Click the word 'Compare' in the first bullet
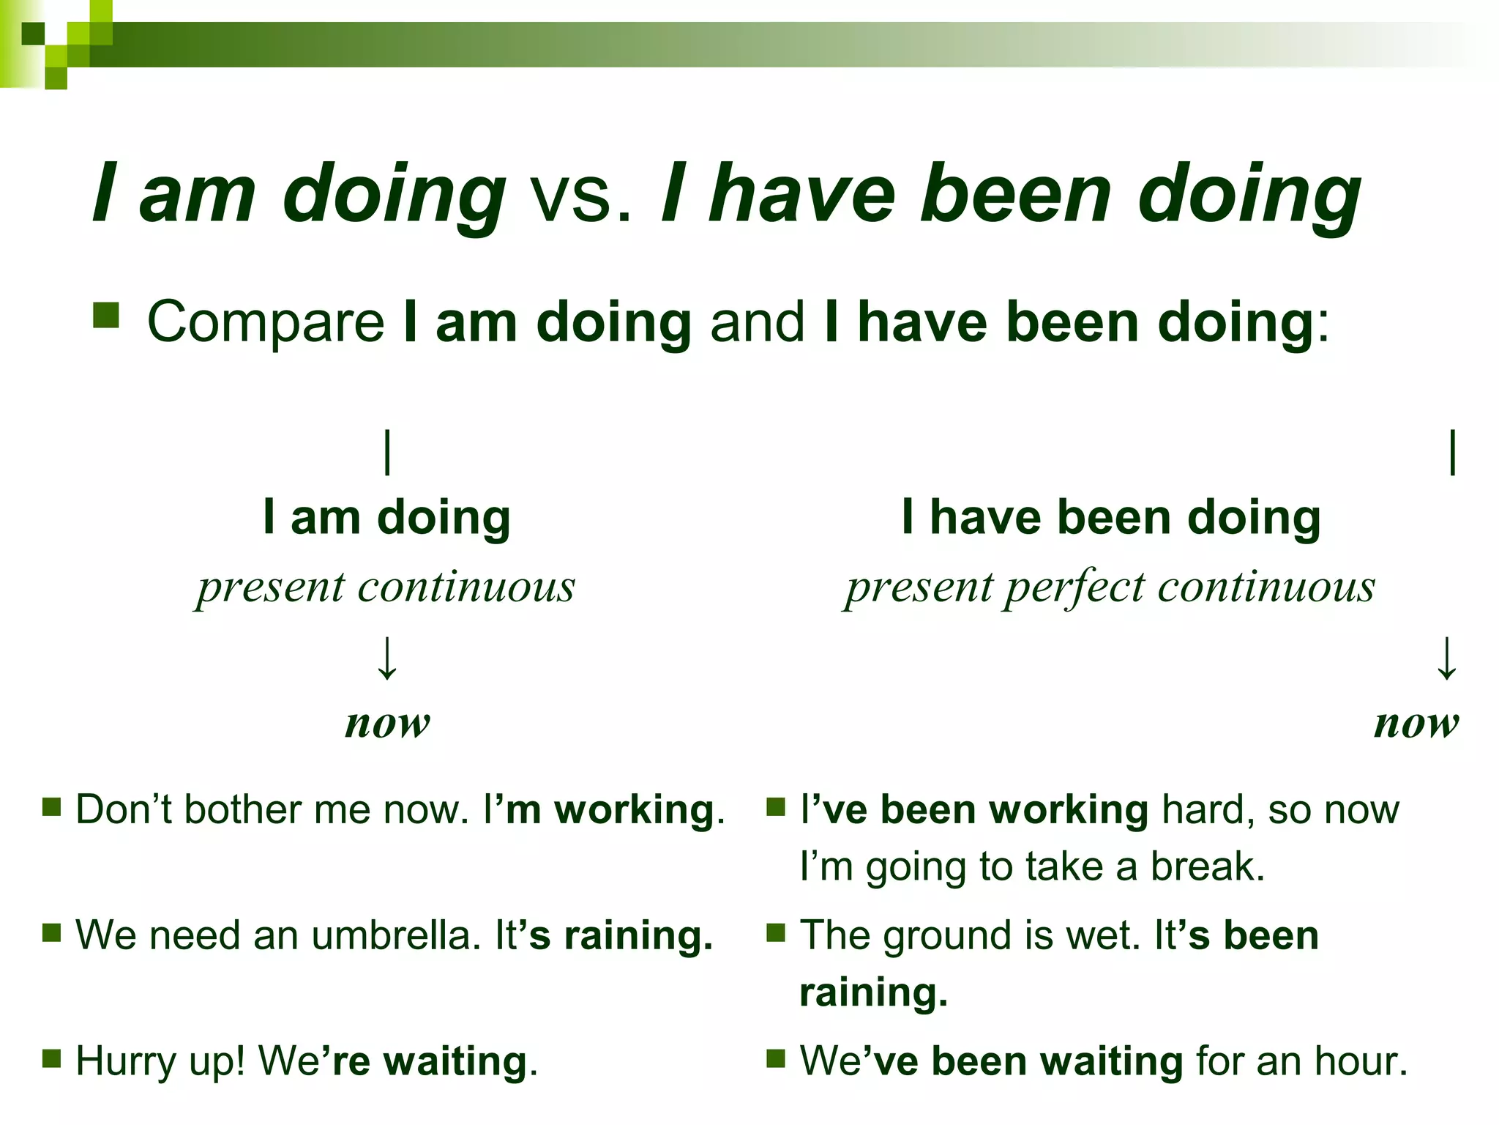pyautogui.click(x=266, y=322)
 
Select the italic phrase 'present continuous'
pyautogui.click(x=386, y=587)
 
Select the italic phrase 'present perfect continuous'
pyautogui.click(x=1110, y=587)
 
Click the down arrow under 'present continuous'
pyautogui.click(x=386, y=658)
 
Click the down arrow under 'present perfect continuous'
pyautogui.click(x=1446, y=658)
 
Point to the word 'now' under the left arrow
pyautogui.click(x=387, y=724)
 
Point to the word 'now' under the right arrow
pyautogui.click(x=1416, y=724)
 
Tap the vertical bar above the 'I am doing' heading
pyautogui.click(x=387, y=453)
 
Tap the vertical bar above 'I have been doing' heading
pyautogui.click(x=1452, y=453)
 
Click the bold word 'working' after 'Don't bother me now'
pyautogui.click(x=634, y=811)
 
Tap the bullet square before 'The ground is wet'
pyautogui.click(x=776, y=932)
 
